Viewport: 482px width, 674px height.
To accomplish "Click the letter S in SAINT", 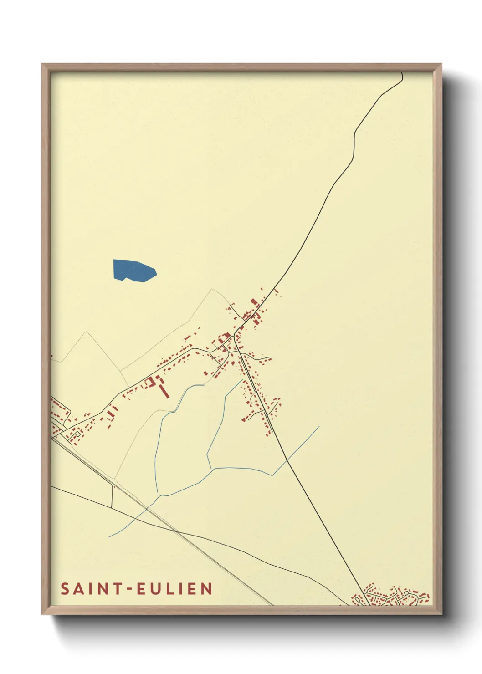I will (65, 589).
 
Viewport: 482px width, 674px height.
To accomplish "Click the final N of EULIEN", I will (207, 589).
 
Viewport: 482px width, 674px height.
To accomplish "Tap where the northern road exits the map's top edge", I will (401, 73).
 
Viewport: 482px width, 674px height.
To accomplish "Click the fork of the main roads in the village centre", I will (235, 337).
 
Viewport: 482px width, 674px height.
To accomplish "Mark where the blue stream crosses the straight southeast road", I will (287, 460).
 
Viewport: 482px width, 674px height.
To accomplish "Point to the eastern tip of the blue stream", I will (319, 426).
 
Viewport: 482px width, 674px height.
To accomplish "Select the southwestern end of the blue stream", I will (109, 536).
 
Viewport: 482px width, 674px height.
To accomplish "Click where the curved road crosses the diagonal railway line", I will (175, 531).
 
